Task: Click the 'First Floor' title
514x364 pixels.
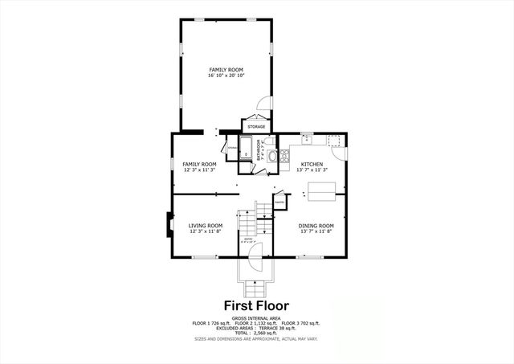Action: pyautogui.click(x=256, y=305)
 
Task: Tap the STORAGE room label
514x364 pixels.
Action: pyautogui.click(x=256, y=126)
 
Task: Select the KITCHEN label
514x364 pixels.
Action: pyautogui.click(x=312, y=164)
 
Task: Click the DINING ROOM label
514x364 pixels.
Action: pyautogui.click(x=316, y=227)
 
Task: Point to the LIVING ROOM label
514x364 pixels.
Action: pyautogui.click(x=206, y=227)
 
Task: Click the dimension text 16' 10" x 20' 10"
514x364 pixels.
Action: pyautogui.click(x=226, y=75)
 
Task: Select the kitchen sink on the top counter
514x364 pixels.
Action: pyautogui.click(x=307, y=140)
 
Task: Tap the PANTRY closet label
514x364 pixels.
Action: pyautogui.click(x=279, y=202)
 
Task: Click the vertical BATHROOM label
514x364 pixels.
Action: pyautogui.click(x=259, y=149)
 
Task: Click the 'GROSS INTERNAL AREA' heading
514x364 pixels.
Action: pyautogui.click(x=256, y=318)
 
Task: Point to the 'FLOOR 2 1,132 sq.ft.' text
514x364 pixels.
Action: pyautogui.click(x=256, y=325)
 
